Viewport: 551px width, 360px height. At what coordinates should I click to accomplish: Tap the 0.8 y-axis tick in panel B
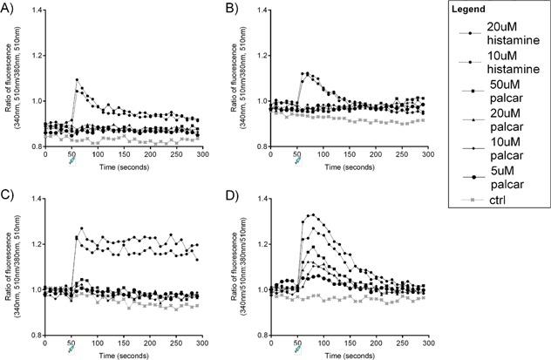(x=257, y=146)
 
